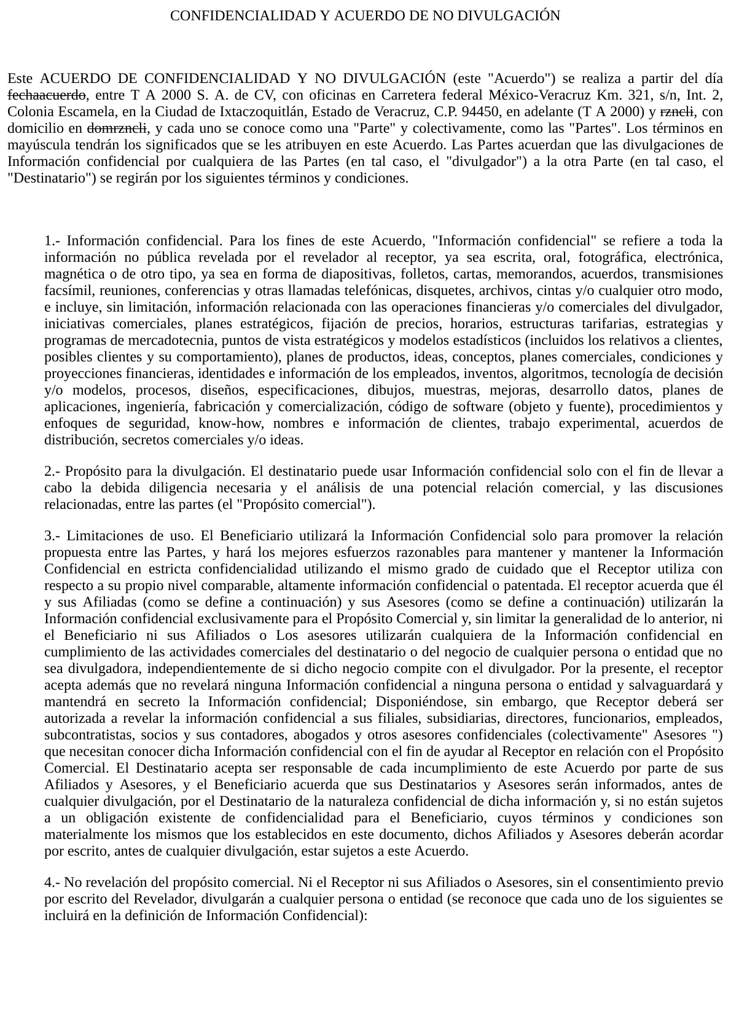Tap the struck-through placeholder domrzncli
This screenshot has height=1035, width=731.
(117, 128)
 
